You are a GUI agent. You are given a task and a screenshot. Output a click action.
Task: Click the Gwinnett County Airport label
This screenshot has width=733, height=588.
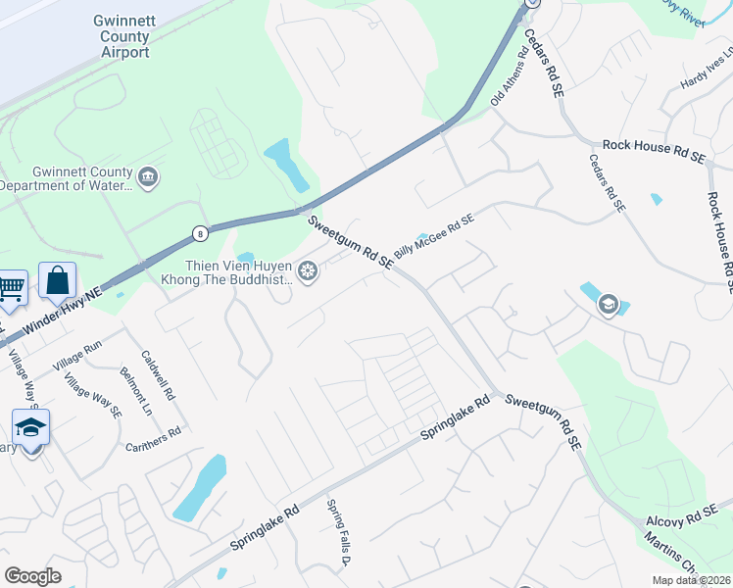point(122,36)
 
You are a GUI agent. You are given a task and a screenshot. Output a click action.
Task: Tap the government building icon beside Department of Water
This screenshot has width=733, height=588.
point(149,177)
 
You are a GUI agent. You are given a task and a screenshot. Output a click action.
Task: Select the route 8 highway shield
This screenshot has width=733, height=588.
point(200,233)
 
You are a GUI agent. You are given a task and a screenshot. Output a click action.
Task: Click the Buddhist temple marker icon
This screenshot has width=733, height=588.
point(308,271)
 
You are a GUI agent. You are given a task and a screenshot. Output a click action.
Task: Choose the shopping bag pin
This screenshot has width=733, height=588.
point(58,280)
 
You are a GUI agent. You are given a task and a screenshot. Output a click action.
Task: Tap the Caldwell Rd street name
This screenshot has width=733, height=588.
point(157,376)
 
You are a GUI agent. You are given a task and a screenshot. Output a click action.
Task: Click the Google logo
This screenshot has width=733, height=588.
point(32,575)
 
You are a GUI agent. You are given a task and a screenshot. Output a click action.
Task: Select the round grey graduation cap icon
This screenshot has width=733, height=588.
point(608,305)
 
